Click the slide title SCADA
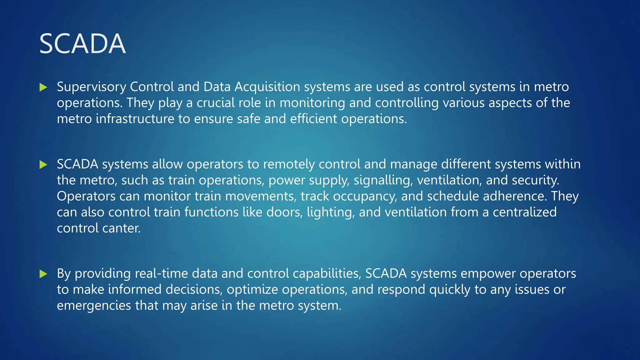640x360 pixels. coord(82,44)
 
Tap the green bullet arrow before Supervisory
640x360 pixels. coord(43,87)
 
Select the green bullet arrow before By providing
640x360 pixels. coord(43,274)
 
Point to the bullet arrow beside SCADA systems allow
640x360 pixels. coord(43,165)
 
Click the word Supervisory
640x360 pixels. coord(91,87)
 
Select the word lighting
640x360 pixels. coord(331,212)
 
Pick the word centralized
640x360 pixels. coord(525,212)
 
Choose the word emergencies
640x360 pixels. coord(94,305)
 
